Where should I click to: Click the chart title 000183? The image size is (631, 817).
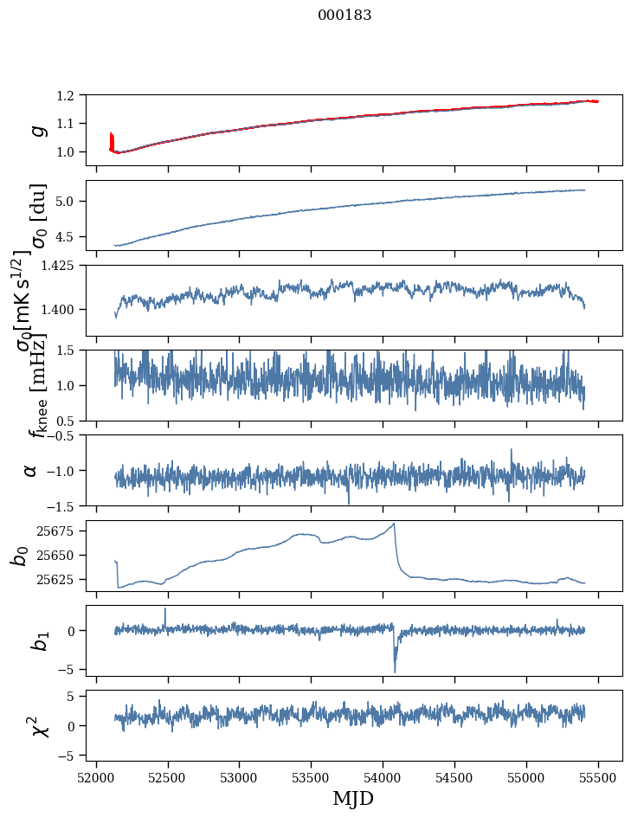(x=344, y=16)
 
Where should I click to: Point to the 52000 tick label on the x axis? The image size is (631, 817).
(x=96, y=774)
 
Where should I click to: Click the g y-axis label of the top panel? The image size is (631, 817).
(x=36, y=130)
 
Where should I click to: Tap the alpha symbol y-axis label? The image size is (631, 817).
(x=30, y=470)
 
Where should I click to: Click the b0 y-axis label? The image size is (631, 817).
(x=19, y=555)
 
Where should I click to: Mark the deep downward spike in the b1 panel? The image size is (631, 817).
(x=395, y=671)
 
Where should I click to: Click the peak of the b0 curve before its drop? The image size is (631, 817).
(x=394, y=524)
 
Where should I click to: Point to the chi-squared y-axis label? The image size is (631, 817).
(x=39, y=725)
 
